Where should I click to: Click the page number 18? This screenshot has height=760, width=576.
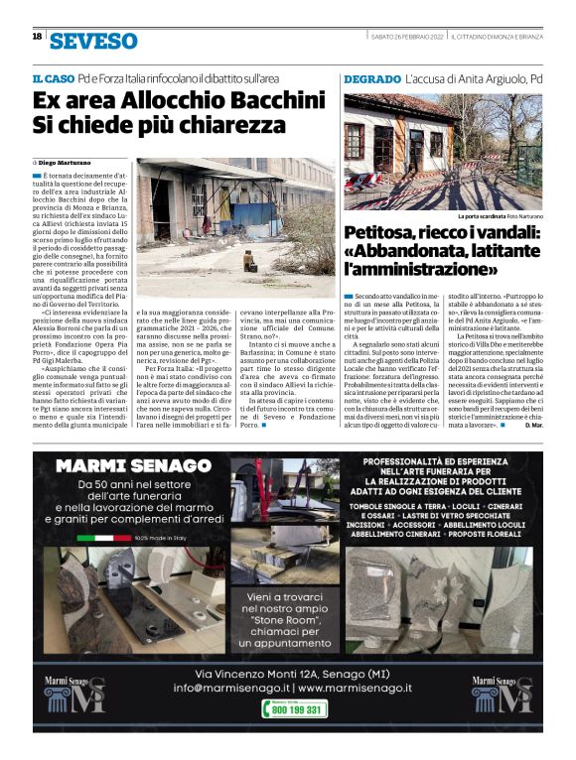pyautogui.click(x=37, y=37)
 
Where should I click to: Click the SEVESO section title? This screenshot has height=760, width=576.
pyautogui.click(x=93, y=41)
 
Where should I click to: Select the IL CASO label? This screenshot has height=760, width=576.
pyautogui.click(x=54, y=77)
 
